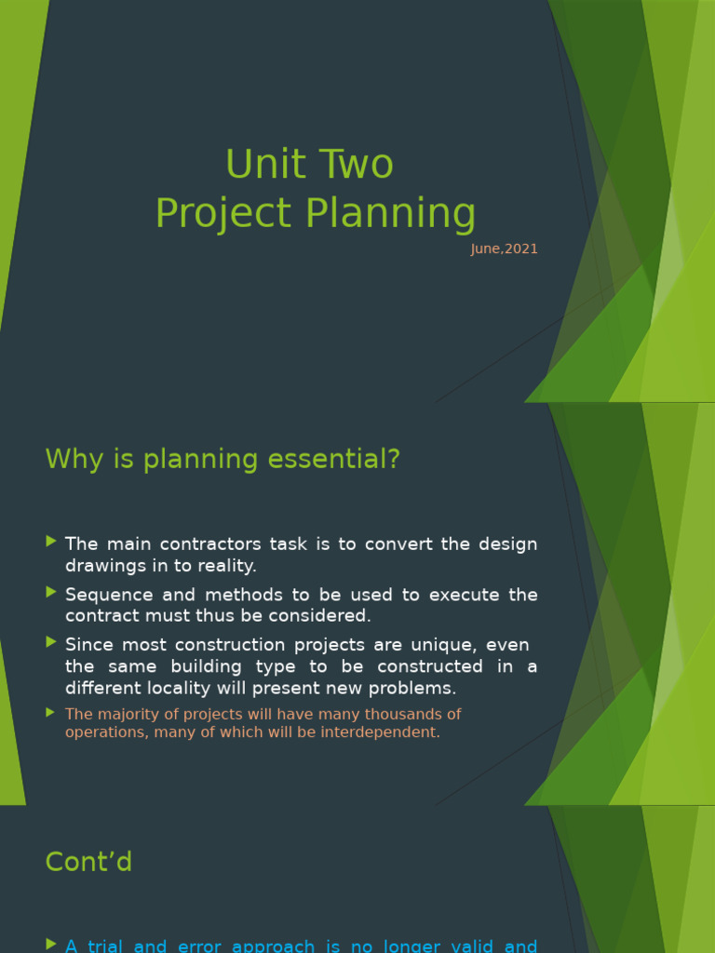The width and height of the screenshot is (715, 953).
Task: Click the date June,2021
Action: coord(504,249)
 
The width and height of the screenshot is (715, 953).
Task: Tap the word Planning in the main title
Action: coord(391,213)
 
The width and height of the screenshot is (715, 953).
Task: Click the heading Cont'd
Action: coord(88,862)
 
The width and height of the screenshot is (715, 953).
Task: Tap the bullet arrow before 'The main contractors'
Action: coord(51,541)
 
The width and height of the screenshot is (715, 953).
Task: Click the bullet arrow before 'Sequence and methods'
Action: coord(51,591)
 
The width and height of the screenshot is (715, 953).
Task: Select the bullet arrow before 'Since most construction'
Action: coord(51,641)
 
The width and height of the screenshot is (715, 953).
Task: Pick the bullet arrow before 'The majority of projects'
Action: coord(51,712)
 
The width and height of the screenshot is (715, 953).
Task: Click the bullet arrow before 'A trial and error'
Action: coord(51,944)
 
